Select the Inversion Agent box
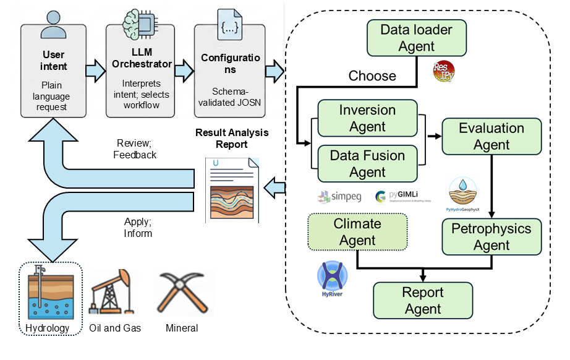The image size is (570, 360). click(367, 118)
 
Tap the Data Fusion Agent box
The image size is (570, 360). click(367, 164)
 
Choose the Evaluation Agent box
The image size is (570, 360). click(491, 136)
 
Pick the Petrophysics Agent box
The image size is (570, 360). click(491, 236)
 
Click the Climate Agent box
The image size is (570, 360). click(357, 232)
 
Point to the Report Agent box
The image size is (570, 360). click(423, 300)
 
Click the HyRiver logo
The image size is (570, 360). click(332, 279)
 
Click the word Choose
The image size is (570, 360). click(372, 75)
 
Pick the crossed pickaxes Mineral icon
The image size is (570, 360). click(181, 291)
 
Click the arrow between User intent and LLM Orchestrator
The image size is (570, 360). click(95, 71)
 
